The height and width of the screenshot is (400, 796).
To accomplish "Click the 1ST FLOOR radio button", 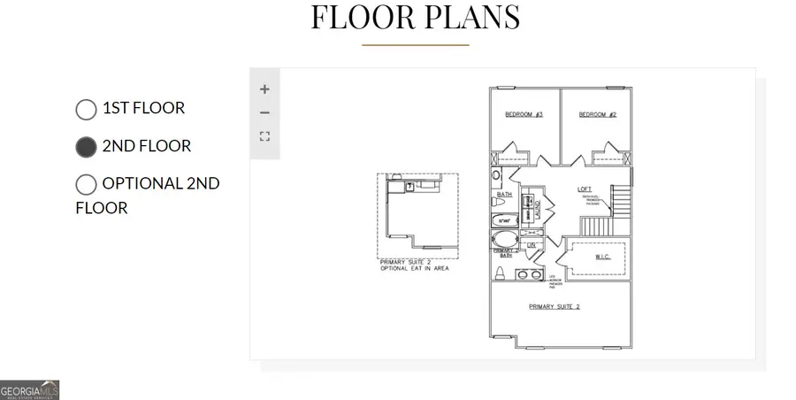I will tap(86, 109).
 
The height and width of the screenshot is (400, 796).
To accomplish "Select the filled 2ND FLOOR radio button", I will tap(86, 147).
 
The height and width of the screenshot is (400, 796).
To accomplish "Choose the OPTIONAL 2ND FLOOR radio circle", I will tap(86, 184).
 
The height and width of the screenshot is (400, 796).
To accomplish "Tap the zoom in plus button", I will tap(264, 88).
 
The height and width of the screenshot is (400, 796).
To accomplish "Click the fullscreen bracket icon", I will tap(264, 136).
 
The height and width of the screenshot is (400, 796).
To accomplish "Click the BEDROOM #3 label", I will tap(524, 115).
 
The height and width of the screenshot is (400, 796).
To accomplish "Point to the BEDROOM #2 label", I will tap(597, 115).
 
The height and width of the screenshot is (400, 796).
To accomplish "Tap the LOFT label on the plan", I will tap(585, 188).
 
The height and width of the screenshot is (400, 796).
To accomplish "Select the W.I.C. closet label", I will tap(603, 258).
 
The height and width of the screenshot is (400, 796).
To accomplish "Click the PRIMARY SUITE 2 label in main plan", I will tap(555, 306).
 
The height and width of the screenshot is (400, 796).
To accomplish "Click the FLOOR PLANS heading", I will tap(415, 18).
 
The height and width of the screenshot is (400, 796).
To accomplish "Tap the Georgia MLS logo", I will tap(29, 389).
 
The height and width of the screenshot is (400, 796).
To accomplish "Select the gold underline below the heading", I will tap(415, 44).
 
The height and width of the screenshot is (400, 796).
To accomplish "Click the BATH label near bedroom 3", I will tap(504, 194).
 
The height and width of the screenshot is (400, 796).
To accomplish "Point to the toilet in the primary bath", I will tap(501, 273).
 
